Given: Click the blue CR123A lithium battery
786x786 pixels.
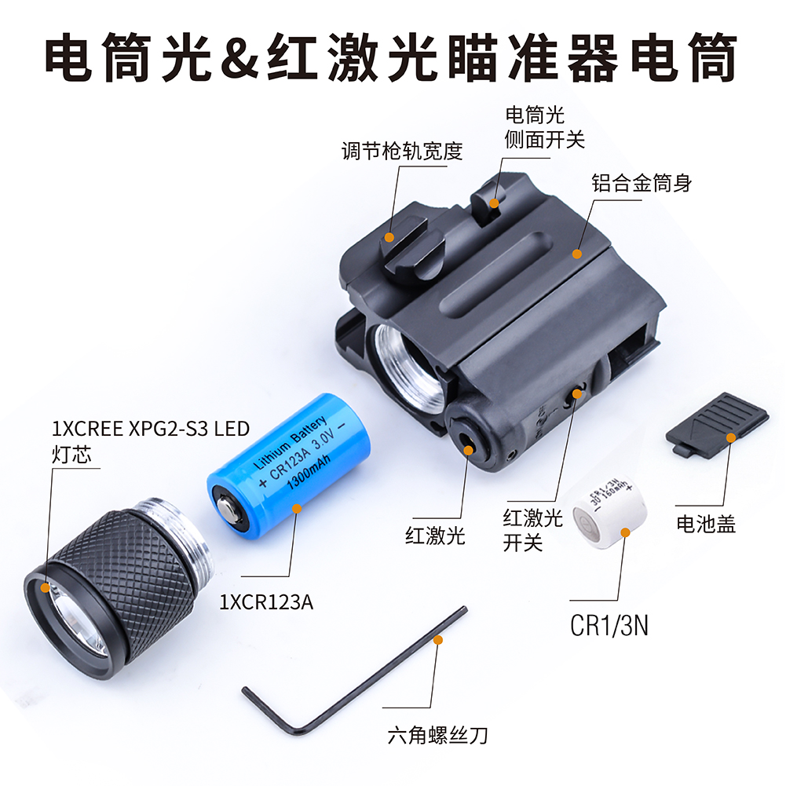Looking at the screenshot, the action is pos(287,468).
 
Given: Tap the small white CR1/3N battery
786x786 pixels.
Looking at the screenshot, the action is pos(609,511).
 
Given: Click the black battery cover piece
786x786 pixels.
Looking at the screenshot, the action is pos(718,424).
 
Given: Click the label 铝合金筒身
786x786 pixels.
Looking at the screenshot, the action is pos(642,184).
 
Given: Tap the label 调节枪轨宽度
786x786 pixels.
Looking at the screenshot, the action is pos(402,151).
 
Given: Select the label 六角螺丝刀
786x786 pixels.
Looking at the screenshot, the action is pos(437,736).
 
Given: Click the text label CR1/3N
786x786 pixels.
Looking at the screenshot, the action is pos(609,626).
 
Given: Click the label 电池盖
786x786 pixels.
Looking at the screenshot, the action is pos(706,524).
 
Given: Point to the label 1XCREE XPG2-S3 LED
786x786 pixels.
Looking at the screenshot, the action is pos(151,429).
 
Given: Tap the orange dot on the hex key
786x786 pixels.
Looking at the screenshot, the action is pos(437,640).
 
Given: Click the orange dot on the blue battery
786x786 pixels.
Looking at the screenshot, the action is pos(297,509).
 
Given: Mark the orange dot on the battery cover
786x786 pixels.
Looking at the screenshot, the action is pos(731,437).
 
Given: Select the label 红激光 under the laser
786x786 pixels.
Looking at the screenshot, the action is pos(435,536).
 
